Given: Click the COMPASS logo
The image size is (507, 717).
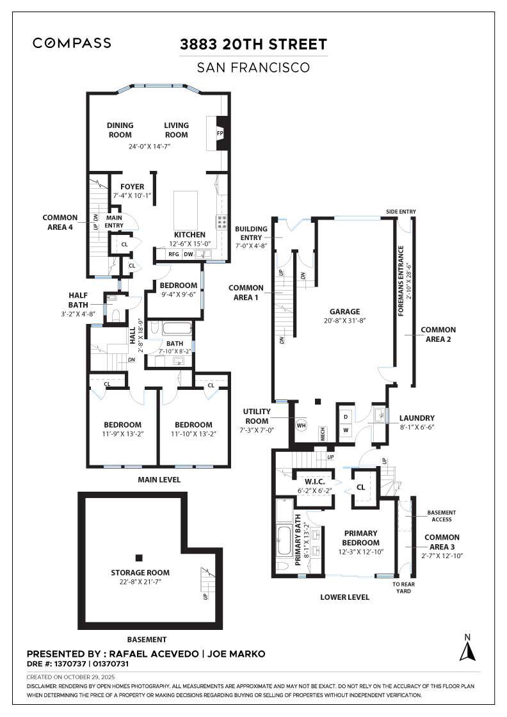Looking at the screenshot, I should click(x=72, y=43).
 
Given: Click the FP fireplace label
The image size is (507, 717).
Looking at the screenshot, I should click(x=220, y=134).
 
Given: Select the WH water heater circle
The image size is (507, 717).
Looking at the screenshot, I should click(x=301, y=424).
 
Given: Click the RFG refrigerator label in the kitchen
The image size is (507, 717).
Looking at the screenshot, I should click(x=173, y=255).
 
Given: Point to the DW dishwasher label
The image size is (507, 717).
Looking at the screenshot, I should click(x=189, y=255).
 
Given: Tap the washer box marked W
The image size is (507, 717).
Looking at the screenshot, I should click(x=346, y=430).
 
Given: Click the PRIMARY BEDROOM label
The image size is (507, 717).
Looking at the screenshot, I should click(x=360, y=537).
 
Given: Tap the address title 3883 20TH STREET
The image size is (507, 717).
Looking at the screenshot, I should click(x=254, y=44).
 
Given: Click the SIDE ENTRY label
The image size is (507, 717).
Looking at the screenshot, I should click(x=401, y=211).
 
